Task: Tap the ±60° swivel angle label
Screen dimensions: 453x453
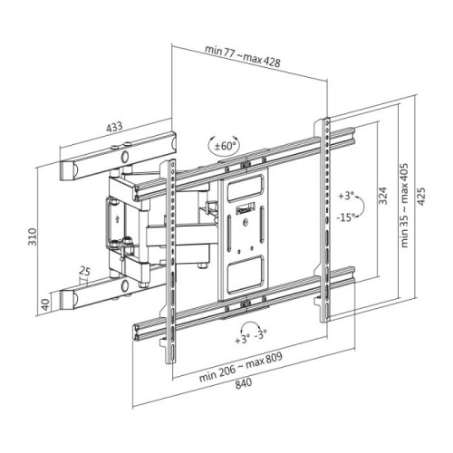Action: click(x=224, y=146)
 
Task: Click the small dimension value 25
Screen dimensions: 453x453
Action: click(x=84, y=270)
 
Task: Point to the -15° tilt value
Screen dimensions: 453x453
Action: click(x=345, y=217)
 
